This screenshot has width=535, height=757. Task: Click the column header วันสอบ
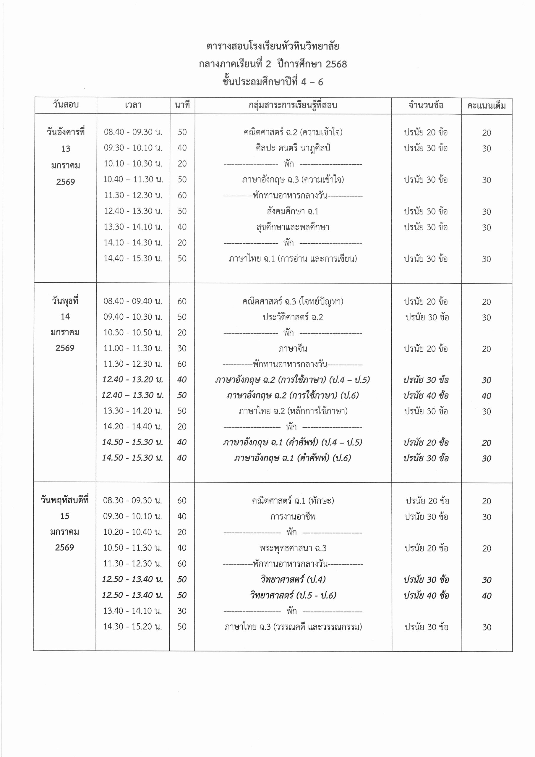point(66,105)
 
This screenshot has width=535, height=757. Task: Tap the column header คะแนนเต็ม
point(486,106)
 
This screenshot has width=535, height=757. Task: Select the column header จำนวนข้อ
point(426,105)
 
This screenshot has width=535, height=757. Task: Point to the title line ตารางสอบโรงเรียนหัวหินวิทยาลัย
point(273,46)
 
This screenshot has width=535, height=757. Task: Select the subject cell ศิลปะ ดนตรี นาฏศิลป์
point(293,148)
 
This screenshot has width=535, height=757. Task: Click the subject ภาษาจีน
point(293,349)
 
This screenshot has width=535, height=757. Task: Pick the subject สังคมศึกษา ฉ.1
point(293,211)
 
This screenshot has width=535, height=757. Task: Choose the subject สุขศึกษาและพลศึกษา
point(293,227)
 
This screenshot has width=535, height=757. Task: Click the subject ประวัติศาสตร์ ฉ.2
point(293,317)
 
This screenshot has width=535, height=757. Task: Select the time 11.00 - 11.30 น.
point(133,349)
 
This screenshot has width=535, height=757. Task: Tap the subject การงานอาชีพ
point(293,516)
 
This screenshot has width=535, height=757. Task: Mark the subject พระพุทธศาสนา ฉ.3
point(293,548)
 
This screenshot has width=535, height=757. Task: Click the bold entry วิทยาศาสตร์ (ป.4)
point(293,579)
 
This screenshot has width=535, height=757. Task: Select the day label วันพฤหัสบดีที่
point(65,500)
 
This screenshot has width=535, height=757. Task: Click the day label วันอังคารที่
point(66,132)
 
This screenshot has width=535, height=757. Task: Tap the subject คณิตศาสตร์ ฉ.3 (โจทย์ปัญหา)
point(293,301)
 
